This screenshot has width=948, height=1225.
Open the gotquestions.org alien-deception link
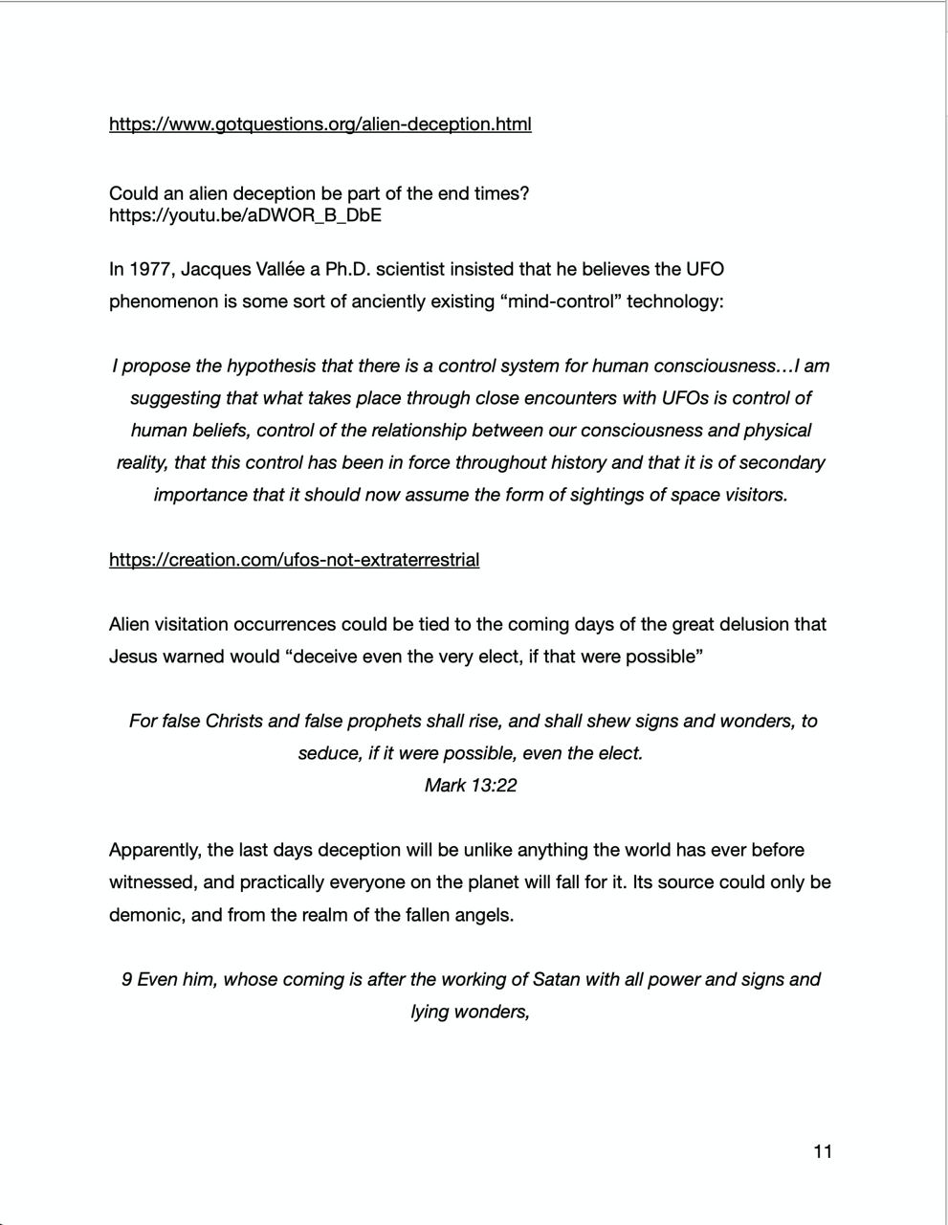click(x=320, y=124)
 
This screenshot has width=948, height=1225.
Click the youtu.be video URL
click(x=245, y=215)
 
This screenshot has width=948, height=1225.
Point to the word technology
click(x=675, y=301)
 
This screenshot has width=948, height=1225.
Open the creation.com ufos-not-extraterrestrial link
click(x=294, y=560)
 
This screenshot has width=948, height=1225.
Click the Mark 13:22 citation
click(x=471, y=786)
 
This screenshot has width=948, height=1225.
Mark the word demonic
click(x=144, y=915)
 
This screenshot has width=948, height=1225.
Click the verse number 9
click(x=126, y=980)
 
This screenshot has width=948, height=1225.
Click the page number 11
click(x=823, y=1151)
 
